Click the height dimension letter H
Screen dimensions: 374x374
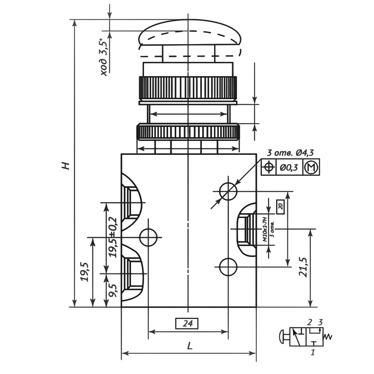(x=66, y=165)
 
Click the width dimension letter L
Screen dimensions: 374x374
(x=190, y=346)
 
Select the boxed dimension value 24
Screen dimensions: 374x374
(x=186, y=324)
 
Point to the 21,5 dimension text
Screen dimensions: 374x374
(x=303, y=267)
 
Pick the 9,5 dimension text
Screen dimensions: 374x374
(x=113, y=290)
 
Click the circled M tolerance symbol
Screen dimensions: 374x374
(x=312, y=167)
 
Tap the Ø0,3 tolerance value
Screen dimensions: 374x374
(x=289, y=167)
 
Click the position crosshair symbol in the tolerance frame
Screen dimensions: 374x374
(x=269, y=167)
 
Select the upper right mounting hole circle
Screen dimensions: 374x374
(x=228, y=191)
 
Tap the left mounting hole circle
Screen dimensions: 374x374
(x=149, y=237)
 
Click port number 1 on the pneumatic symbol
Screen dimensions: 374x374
(x=312, y=352)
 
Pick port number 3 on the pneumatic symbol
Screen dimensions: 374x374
(x=321, y=322)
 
